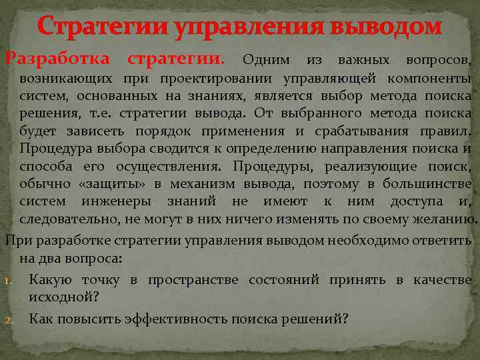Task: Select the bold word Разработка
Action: [x=61, y=61]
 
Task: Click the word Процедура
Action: [x=53, y=148]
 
